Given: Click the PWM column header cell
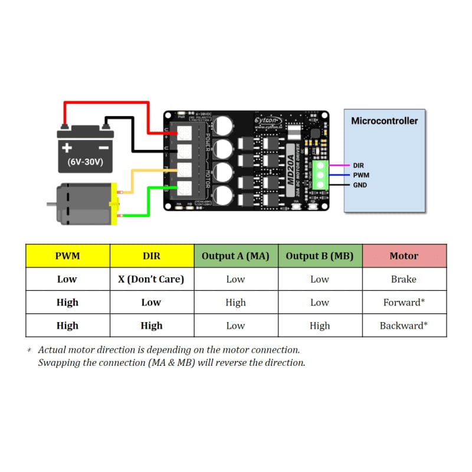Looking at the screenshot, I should coord(67,256).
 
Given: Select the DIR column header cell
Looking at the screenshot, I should coord(152,256).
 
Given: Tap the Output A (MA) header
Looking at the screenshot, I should coord(235,256).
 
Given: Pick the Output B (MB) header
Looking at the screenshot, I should coord(319,256).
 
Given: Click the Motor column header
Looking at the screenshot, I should coord(404,256).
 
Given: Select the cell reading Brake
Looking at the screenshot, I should coord(404,279).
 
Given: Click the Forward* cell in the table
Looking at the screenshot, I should coord(404,302).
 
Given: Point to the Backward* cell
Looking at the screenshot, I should coord(404,326).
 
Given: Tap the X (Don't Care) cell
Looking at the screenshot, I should coord(152,279).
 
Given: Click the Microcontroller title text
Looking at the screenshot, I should coord(384,121).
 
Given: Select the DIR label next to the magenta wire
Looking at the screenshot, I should coord(359,166).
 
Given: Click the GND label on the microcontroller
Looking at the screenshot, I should coord(360,185).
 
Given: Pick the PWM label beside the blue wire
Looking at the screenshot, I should coord(361,175).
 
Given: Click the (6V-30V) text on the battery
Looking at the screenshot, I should coord(86,162).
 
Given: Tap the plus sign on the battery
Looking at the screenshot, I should coord(68,147).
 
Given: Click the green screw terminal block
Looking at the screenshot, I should coord(321,175).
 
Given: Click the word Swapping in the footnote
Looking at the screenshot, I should coord(58,362).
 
